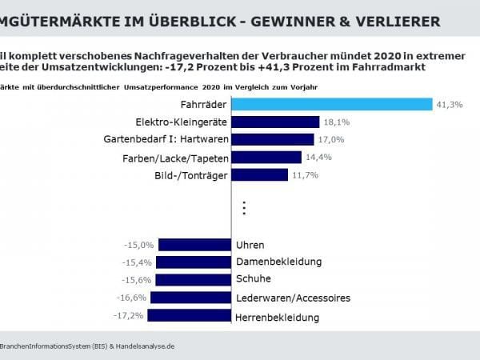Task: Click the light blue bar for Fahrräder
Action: pyautogui.click(x=332, y=105)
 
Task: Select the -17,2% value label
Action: pyautogui.click(x=130, y=316)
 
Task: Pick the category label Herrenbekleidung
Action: pyautogui.click(x=278, y=318)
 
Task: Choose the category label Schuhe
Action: pyautogui.click(x=254, y=279)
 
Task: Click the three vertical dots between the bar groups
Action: pyautogui.click(x=245, y=209)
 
